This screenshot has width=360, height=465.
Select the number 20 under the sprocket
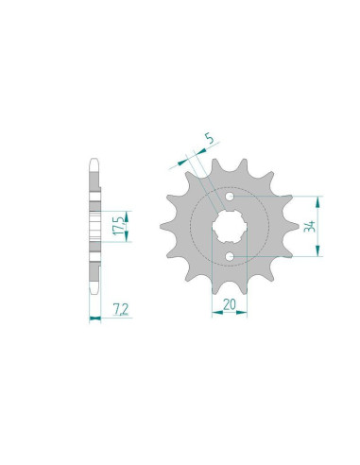pyautogui.click(x=228, y=305)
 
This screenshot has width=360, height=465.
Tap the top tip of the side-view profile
pyautogui.click(x=94, y=160)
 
